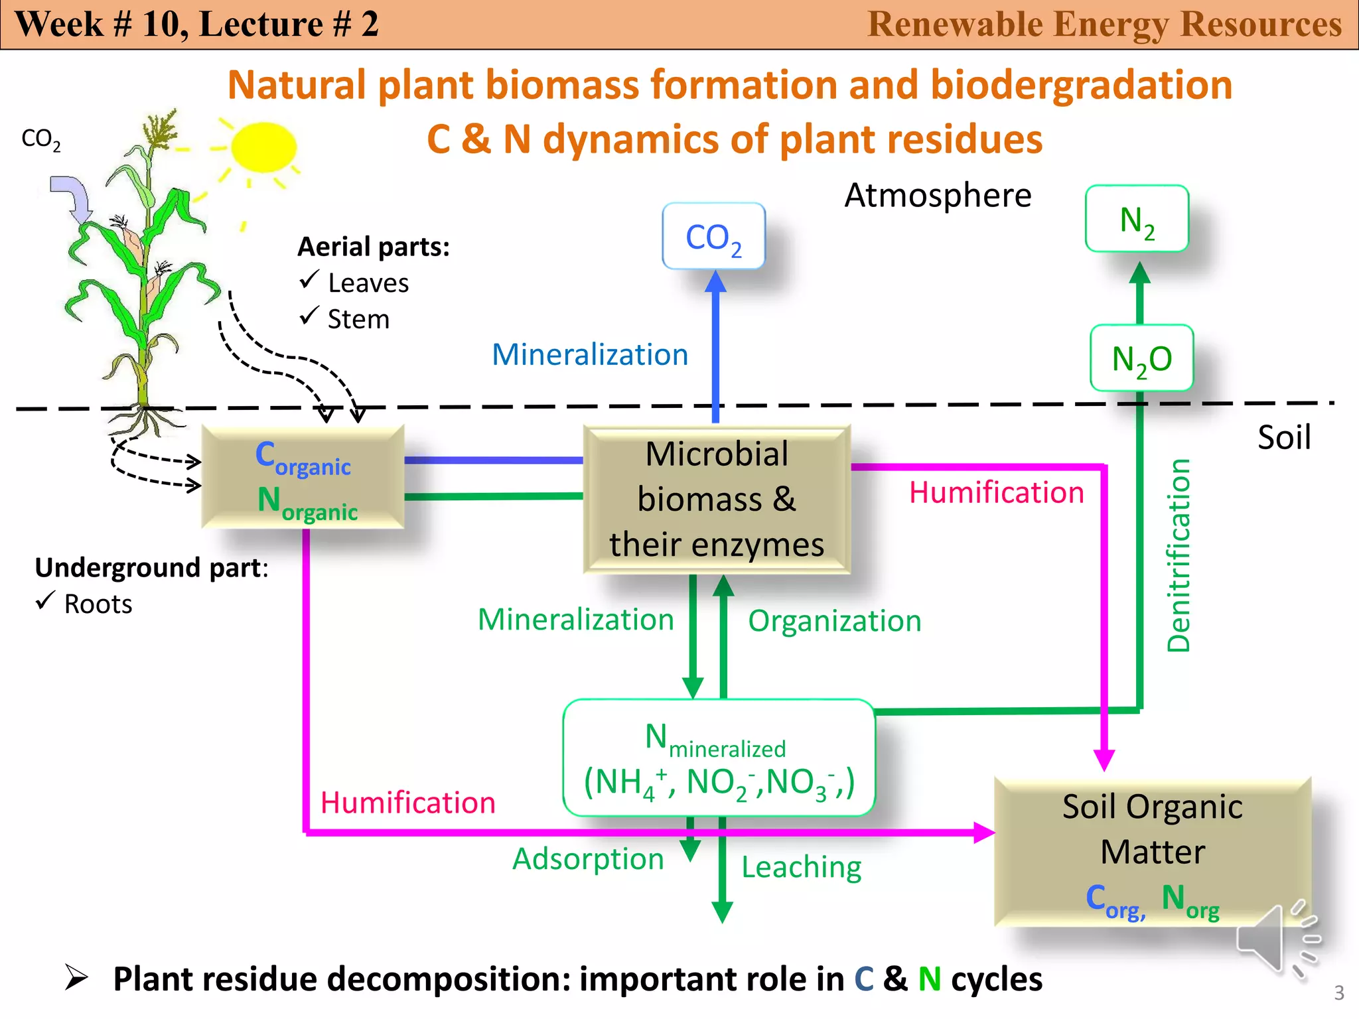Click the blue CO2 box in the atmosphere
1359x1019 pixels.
pos(713,236)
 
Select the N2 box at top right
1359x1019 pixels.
pos(1137,219)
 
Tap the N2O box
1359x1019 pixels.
pos(1141,358)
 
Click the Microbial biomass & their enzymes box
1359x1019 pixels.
pos(717,499)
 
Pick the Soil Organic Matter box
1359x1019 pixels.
pos(1153,852)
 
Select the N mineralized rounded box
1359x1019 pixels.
pos(719,758)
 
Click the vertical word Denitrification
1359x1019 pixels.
pos(1179,555)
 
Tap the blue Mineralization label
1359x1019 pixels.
pos(589,354)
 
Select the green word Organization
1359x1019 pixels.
pos(835,621)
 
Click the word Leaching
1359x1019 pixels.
pos(801,867)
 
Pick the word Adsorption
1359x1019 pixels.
pos(588,859)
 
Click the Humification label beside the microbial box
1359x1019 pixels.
pos(996,493)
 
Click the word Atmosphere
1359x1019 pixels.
pos(938,195)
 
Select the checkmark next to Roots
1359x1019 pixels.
pos(45,601)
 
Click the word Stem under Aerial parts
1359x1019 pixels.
pos(358,319)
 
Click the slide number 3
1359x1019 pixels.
pos(1338,992)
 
